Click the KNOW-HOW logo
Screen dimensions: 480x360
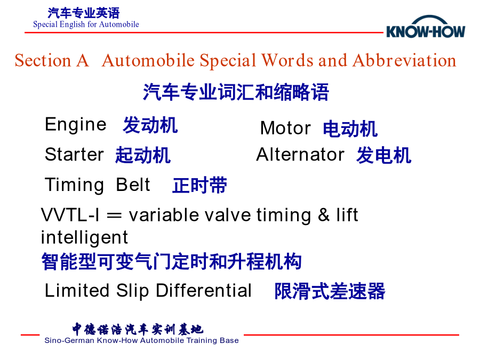426,27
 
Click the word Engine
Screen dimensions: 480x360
76,125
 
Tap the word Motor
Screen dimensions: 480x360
285,128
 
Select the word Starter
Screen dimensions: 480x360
74,154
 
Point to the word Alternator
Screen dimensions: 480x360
300,154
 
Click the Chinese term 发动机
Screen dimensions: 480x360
150,125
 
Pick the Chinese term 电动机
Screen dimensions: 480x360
350,129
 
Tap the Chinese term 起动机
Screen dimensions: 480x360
143,155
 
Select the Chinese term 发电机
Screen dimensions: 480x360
384,155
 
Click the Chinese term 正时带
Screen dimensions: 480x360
199,185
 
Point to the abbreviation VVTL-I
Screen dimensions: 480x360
70,215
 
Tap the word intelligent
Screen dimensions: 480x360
84,237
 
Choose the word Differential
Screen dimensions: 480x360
204,290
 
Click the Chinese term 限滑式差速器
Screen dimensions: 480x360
330,291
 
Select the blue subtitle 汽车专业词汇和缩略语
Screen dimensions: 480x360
236,92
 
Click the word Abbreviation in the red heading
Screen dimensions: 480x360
404,60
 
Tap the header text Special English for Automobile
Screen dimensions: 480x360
86,25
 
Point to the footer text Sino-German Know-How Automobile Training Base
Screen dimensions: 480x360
141,340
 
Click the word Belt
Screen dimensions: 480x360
133,185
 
